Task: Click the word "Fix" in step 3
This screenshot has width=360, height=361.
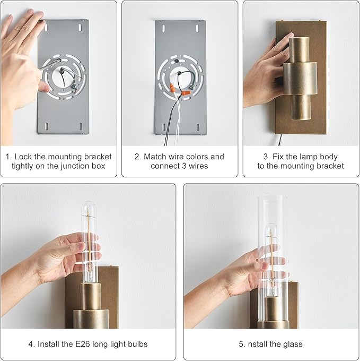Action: click(x=278, y=157)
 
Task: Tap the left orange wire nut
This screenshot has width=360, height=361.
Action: click(x=172, y=88)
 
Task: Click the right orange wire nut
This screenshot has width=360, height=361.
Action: click(x=186, y=93)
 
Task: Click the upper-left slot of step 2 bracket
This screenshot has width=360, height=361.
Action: click(x=164, y=29)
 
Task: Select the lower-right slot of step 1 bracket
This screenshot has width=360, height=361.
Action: click(x=81, y=126)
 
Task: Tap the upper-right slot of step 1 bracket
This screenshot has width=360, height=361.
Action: click(x=80, y=28)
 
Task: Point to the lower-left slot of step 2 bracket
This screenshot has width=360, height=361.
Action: click(x=164, y=127)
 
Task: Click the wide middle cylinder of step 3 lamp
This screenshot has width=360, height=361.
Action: click(x=300, y=79)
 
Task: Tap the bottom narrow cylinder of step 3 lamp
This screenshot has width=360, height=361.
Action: click(x=301, y=107)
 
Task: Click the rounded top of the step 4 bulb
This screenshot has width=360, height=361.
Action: click(x=88, y=204)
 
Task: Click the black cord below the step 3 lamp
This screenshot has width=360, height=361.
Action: click(x=280, y=140)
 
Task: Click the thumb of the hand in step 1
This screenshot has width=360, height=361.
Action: click(x=43, y=87)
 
